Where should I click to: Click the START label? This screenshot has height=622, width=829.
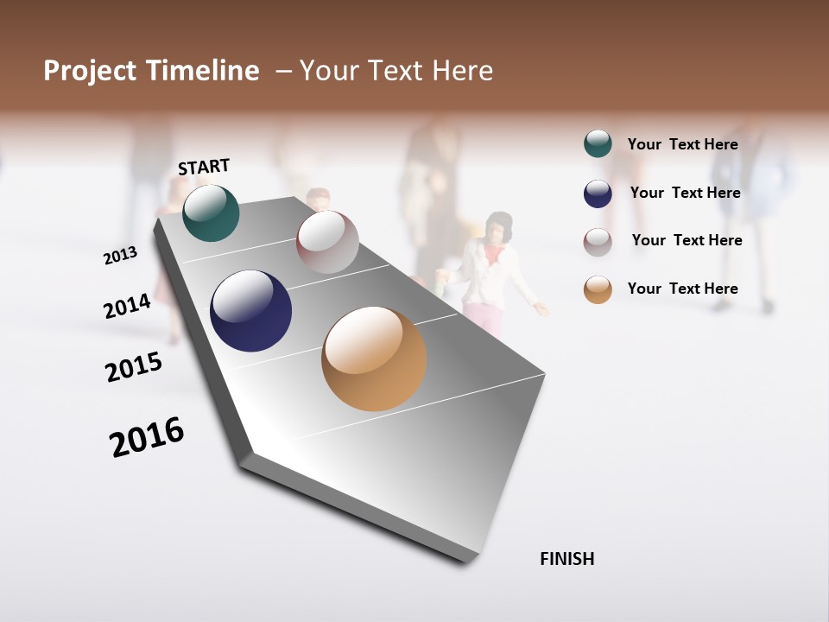pyautogui.click(x=204, y=167)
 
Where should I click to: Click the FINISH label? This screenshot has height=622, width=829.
pyautogui.click(x=567, y=559)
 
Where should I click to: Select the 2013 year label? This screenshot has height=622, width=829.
pyautogui.click(x=121, y=255)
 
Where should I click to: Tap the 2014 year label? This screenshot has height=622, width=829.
pyautogui.click(x=128, y=306)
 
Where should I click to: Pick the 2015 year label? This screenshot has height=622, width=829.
pyautogui.click(x=134, y=367)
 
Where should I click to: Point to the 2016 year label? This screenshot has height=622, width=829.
pyautogui.click(x=147, y=437)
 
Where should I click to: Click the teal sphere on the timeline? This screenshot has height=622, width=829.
pyautogui.click(x=211, y=213)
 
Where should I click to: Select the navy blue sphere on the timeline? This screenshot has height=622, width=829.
pyautogui.click(x=250, y=311)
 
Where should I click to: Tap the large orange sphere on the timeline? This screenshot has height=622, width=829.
pyautogui.click(x=374, y=359)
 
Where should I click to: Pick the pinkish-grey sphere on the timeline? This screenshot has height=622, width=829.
pyautogui.click(x=327, y=242)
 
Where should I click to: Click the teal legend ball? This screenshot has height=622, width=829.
pyautogui.click(x=598, y=144)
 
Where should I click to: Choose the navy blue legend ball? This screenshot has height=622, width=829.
pyautogui.click(x=598, y=194)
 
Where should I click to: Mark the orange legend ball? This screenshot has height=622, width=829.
pyautogui.click(x=598, y=289)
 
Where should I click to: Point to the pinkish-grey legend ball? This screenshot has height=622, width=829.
pyautogui.click(x=598, y=242)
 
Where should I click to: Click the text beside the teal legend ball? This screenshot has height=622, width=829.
pyautogui.click(x=682, y=144)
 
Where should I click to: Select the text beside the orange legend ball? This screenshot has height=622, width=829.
pyautogui.click(x=682, y=289)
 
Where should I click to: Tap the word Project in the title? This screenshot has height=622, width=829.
pyautogui.click(x=91, y=71)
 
